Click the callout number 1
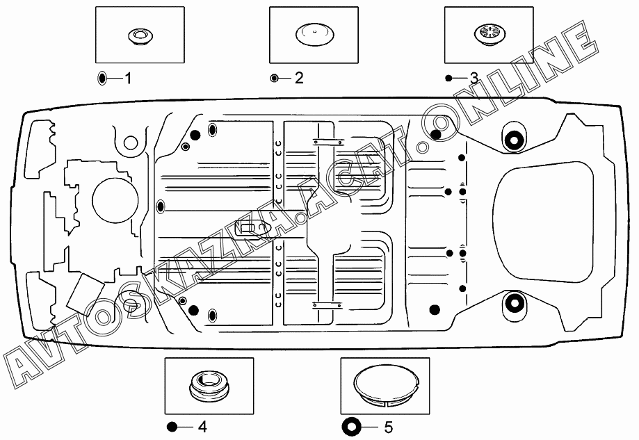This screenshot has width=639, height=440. pyautogui.click(x=128, y=78)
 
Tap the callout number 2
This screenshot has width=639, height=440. pyautogui.click(x=299, y=78)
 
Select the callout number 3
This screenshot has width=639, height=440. pyautogui.click(x=474, y=78)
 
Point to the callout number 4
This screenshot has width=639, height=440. pyautogui.click(x=202, y=427)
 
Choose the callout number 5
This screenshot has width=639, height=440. pyautogui.click(x=389, y=427)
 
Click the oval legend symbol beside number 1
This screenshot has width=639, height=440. pyautogui.click(x=102, y=78)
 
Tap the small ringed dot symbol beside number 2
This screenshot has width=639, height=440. pyautogui.click(x=274, y=78)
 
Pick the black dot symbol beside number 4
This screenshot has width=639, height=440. pyautogui.click(x=172, y=427)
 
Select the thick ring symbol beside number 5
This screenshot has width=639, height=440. pyautogui.click(x=351, y=427)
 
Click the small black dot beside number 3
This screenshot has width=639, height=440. pyautogui.click(x=448, y=78)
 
